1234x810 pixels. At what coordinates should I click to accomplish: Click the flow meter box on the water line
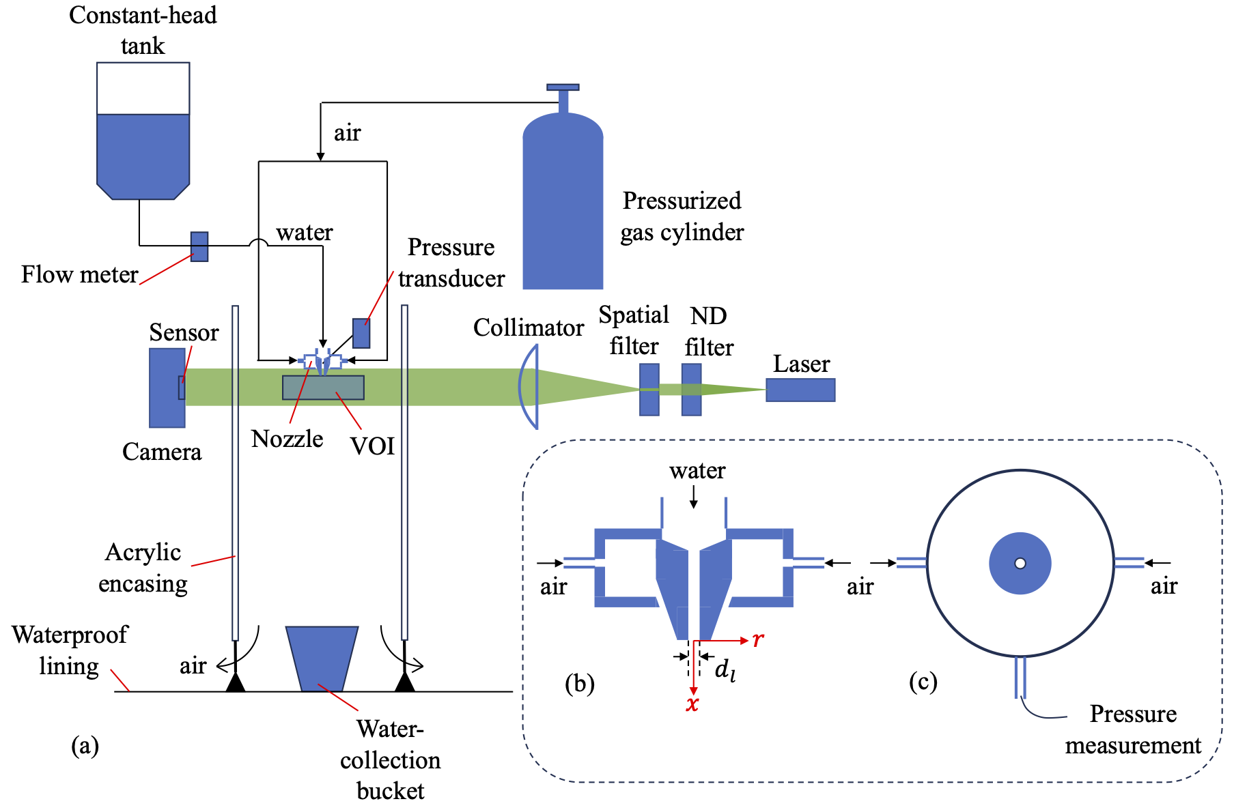(199, 247)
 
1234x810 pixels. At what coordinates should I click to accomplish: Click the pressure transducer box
(361, 333)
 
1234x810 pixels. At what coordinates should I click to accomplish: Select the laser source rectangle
(800, 390)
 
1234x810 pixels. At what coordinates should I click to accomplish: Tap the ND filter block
(691, 390)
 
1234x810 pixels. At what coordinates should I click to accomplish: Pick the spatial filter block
(649, 390)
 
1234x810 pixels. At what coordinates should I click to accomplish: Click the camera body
(167, 388)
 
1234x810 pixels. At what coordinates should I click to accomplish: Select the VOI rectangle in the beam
(323, 388)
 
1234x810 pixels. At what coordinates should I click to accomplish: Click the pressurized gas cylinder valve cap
(563, 88)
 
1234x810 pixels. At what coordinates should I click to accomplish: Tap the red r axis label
(758, 639)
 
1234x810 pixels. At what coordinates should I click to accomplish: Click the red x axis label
(692, 704)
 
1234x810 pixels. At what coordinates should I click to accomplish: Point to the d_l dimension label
(725, 671)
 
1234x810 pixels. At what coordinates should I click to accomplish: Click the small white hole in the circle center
(1020, 563)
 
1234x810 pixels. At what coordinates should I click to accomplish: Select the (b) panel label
(579, 683)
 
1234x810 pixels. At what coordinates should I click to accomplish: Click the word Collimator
(529, 328)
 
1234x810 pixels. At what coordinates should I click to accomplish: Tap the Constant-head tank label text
(143, 30)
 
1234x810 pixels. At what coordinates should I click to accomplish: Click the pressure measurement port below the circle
(1020, 677)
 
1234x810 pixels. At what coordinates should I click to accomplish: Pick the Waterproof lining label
(69, 650)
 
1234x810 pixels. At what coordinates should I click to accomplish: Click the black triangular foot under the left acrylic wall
(236, 682)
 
